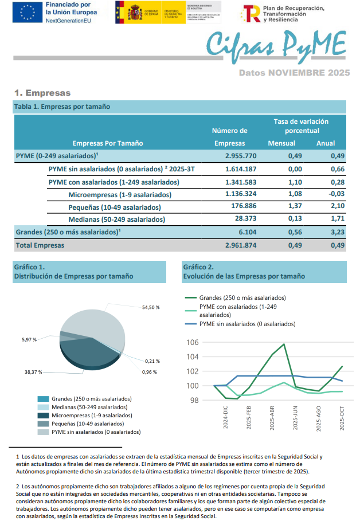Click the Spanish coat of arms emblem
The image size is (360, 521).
point(127,12)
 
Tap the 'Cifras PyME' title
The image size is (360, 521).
point(275,44)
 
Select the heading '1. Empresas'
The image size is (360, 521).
point(42,93)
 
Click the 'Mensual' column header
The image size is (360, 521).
point(281,143)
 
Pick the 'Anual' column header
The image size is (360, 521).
point(326,143)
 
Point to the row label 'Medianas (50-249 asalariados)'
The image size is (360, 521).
point(116,220)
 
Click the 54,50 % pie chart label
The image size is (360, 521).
point(151,308)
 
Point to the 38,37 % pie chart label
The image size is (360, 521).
point(34,372)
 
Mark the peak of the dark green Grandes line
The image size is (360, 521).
point(284,344)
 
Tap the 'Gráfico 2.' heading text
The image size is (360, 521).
point(198,267)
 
